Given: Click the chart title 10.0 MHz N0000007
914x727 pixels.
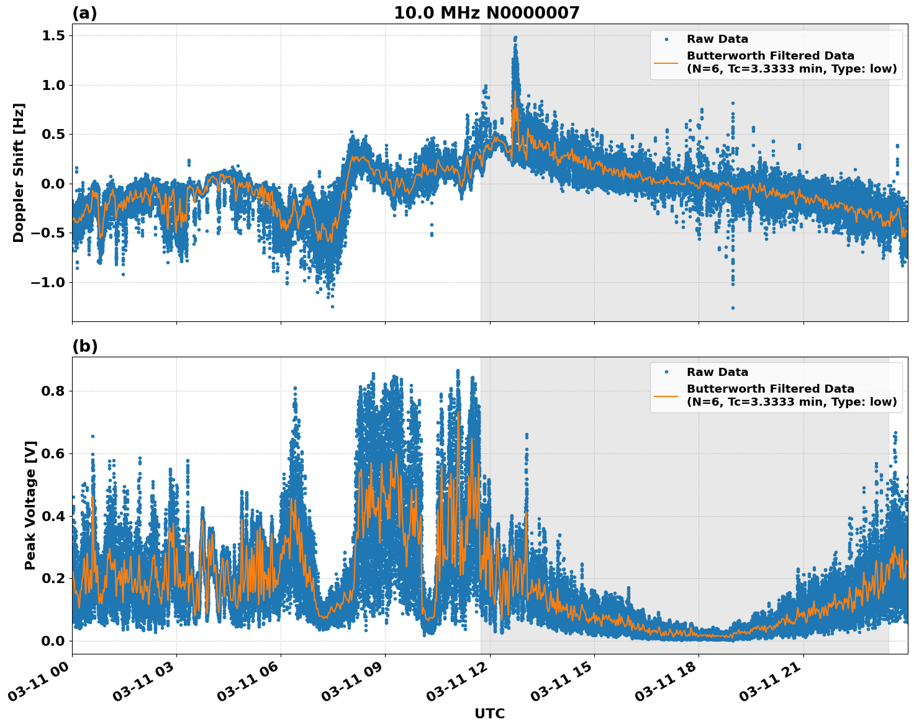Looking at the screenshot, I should [x=486, y=13].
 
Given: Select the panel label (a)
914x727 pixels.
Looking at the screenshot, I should [x=84, y=13].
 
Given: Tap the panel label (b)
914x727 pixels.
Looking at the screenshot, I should [x=84, y=346].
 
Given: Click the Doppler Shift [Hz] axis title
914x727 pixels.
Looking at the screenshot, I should [x=19, y=172].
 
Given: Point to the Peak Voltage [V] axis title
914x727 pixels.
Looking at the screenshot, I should [x=30, y=505].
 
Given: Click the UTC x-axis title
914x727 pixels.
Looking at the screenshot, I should [x=489, y=713].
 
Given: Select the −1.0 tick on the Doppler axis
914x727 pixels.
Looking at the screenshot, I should [x=47, y=282].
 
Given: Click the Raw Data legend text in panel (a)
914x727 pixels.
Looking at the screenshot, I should [x=717, y=39].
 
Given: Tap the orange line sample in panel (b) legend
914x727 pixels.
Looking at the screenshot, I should [x=666, y=395].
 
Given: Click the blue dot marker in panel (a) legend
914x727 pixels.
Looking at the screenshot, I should [x=666, y=39].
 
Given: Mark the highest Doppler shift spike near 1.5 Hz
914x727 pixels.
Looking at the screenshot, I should [x=515, y=38].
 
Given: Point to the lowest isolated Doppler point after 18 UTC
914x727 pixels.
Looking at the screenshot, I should [x=733, y=308].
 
